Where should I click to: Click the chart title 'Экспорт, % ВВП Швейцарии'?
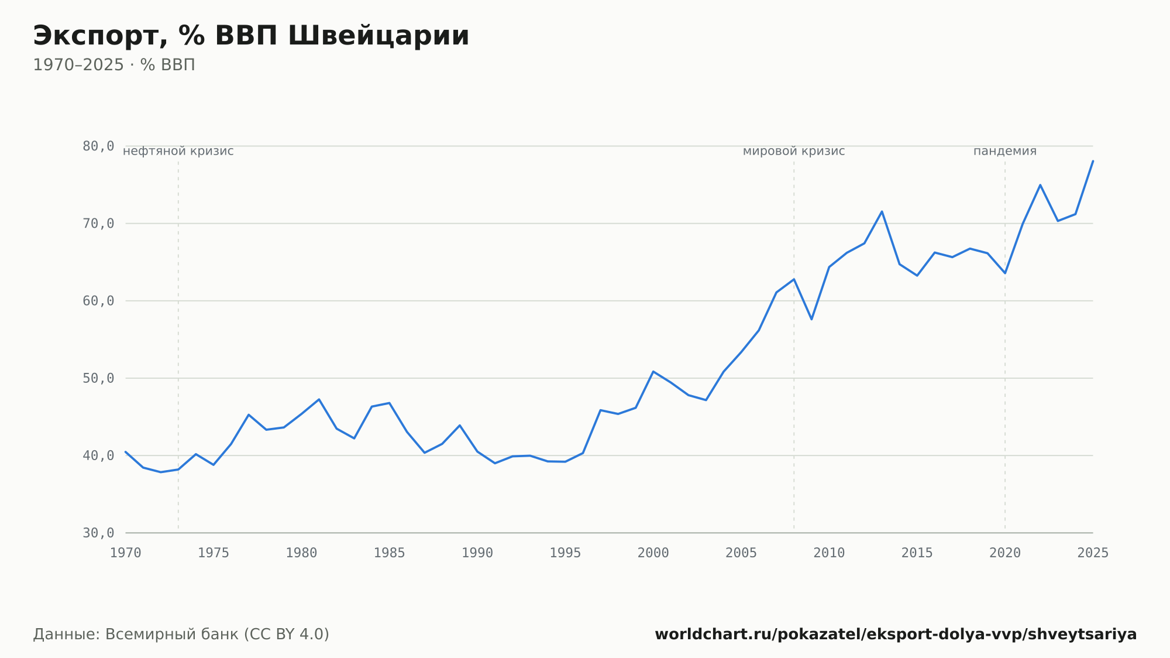pyautogui.click(x=251, y=36)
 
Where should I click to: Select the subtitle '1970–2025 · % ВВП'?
pyautogui.click(x=114, y=65)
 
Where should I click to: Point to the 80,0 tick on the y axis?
pyautogui.click(x=98, y=146)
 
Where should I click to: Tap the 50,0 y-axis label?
pyautogui.click(x=98, y=378)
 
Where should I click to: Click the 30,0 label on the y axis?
pyautogui.click(x=98, y=533)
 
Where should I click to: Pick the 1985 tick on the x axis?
pyautogui.click(x=390, y=553)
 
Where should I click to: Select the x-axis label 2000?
pyautogui.click(x=653, y=553)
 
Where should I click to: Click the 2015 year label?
pyautogui.click(x=917, y=553)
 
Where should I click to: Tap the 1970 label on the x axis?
pyautogui.click(x=126, y=553)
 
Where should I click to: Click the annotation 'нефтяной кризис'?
pyautogui.click(x=178, y=151)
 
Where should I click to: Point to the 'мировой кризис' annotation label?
pyautogui.click(x=794, y=151)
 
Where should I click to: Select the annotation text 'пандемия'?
pyautogui.click(x=1005, y=151)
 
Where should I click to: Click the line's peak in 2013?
pyautogui.click(x=882, y=211)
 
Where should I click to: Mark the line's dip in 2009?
pyautogui.click(x=811, y=319)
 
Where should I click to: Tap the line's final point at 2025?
pyautogui.click(x=1093, y=161)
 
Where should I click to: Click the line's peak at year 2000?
pyautogui.click(x=653, y=371)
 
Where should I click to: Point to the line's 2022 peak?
pyautogui.click(x=1040, y=185)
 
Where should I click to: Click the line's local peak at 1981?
pyautogui.click(x=319, y=399)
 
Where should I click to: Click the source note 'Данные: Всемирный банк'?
pyautogui.click(x=136, y=634)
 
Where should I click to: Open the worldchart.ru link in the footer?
pyautogui.click(x=896, y=634)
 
